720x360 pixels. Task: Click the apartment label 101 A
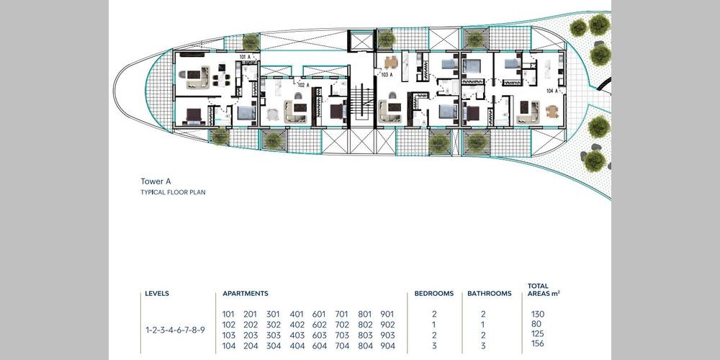click(245, 57)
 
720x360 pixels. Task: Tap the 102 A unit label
click(303, 85)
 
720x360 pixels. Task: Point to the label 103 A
click(387, 74)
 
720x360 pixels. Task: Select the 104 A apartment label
click(552, 91)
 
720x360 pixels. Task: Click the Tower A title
click(156, 181)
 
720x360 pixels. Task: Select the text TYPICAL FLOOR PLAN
click(173, 192)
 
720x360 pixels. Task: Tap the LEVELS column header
click(157, 294)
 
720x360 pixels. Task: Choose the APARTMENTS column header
click(246, 294)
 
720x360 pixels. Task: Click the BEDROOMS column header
click(434, 294)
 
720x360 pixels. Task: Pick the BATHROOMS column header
click(490, 294)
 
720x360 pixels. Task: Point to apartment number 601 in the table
click(319, 315)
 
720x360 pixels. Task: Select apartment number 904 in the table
click(387, 346)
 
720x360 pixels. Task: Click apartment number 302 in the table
click(274, 325)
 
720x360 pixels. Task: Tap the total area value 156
click(537, 343)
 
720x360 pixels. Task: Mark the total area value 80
click(536, 324)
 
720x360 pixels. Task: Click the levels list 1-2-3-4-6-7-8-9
click(176, 330)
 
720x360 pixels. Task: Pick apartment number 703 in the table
click(342, 336)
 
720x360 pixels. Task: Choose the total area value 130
click(538, 315)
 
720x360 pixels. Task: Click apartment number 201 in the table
click(251, 315)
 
